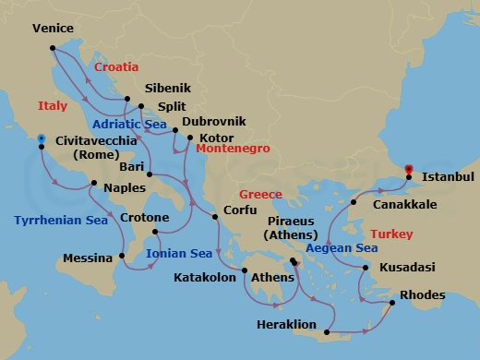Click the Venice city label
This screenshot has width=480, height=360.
click(53, 29)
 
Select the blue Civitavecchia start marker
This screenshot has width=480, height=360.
click(41, 141)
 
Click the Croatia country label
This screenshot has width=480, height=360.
click(116, 67)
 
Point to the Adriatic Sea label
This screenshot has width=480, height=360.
click(130, 123)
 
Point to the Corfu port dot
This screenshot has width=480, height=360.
click(214, 218)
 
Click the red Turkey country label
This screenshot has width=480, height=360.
click(391, 235)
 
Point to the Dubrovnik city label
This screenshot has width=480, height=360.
click(214, 122)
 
